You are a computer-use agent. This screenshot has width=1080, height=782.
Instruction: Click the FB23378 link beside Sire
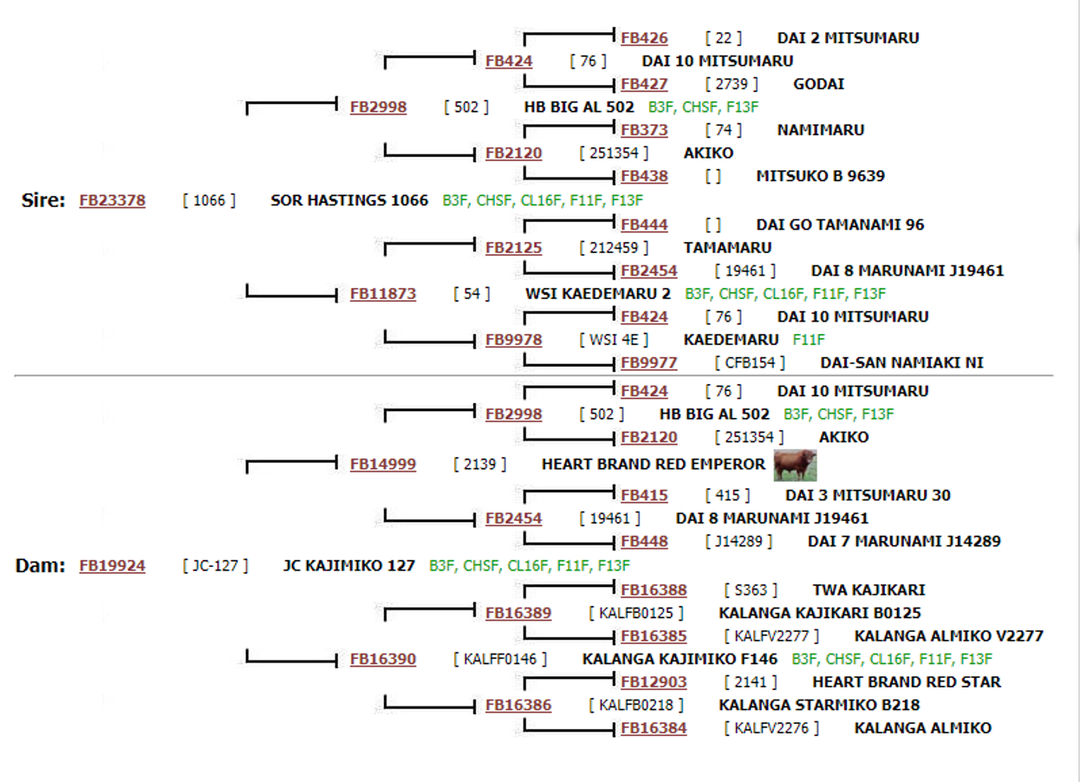[113, 200]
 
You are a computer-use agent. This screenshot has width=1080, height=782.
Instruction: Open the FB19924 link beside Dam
[113, 565]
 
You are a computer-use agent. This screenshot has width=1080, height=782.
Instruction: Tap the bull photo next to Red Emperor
[795, 466]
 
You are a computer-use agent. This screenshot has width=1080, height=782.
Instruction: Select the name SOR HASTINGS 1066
[349, 200]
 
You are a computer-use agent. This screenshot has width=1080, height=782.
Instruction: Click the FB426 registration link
[644, 37]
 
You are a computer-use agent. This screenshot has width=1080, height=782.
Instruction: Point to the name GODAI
[819, 84]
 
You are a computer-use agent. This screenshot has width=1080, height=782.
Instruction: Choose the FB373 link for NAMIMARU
[644, 130]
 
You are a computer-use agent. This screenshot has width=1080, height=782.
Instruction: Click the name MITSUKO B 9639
[821, 176]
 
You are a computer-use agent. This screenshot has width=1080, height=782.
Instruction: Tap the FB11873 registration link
[383, 294]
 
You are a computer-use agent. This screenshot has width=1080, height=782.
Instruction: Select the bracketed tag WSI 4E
[614, 340]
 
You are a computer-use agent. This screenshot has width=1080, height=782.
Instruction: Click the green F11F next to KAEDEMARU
[809, 340]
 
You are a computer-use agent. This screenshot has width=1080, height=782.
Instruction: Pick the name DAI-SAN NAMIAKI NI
[901, 362]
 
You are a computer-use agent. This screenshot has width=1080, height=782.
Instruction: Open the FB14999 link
[383, 464]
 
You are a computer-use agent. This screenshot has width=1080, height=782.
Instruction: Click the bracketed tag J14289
[738, 542]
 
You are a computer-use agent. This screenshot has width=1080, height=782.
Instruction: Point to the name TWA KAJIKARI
[869, 590]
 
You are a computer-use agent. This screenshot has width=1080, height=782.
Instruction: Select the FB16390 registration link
[383, 659]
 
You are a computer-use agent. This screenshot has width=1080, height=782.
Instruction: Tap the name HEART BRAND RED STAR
[907, 681]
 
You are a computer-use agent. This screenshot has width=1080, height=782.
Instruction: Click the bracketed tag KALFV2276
[771, 728]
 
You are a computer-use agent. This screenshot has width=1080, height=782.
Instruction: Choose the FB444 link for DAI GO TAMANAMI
[644, 225]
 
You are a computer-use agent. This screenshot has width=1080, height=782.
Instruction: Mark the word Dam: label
[41, 565]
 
